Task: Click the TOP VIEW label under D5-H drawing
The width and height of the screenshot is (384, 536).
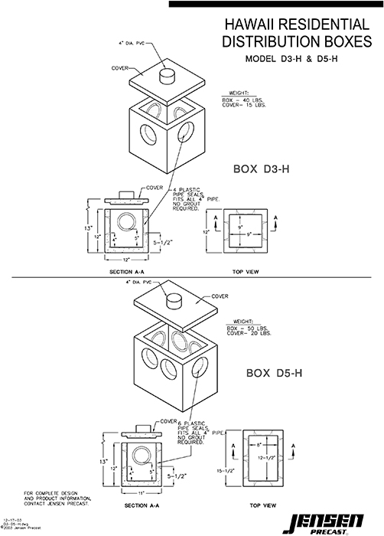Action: tap(262, 506)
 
